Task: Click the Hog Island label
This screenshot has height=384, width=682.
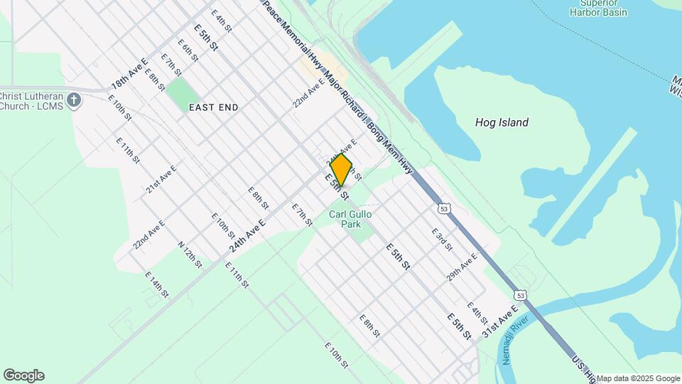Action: pos(502,122)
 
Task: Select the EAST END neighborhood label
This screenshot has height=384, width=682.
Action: pos(213,107)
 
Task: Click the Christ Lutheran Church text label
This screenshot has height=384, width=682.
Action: pos(32,102)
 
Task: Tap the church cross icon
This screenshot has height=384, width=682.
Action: pos(75,100)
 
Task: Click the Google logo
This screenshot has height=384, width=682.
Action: pos(23,375)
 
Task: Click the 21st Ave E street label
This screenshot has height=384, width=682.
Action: pos(161,178)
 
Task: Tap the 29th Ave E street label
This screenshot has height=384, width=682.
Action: pos(462,266)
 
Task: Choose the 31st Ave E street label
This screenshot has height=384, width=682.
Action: pos(499,321)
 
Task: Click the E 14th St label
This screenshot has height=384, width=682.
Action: pos(157,285)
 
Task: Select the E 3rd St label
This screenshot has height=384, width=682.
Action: pos(442,239)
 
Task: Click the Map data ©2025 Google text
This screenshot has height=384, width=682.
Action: pos(638,378)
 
